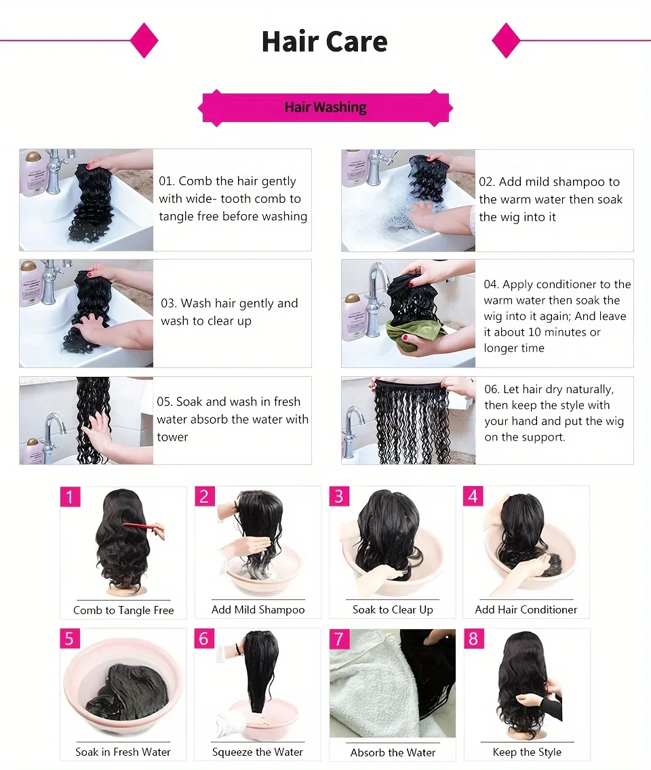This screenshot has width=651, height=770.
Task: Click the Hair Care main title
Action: point(325,41)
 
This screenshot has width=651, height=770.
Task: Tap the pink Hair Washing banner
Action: point(325,107)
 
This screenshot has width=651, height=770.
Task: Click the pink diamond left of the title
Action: point(144,41)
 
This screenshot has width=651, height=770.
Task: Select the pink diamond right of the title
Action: point(506,41)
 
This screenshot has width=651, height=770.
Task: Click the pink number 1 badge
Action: point(70,497)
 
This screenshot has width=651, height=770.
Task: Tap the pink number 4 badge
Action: point(473,496)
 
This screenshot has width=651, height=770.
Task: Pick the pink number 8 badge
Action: point(473,639)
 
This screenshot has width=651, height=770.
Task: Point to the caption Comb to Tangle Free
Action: point(123,610)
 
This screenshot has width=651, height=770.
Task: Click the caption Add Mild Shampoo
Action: point(258,609)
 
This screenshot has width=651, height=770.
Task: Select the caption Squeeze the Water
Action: point(258,752)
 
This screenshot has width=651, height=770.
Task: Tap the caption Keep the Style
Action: point(527,752)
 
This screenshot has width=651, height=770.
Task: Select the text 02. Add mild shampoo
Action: point(549,182)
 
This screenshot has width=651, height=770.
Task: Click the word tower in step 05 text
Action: point(172,437)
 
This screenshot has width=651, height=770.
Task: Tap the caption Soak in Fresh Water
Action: point(123,752)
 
